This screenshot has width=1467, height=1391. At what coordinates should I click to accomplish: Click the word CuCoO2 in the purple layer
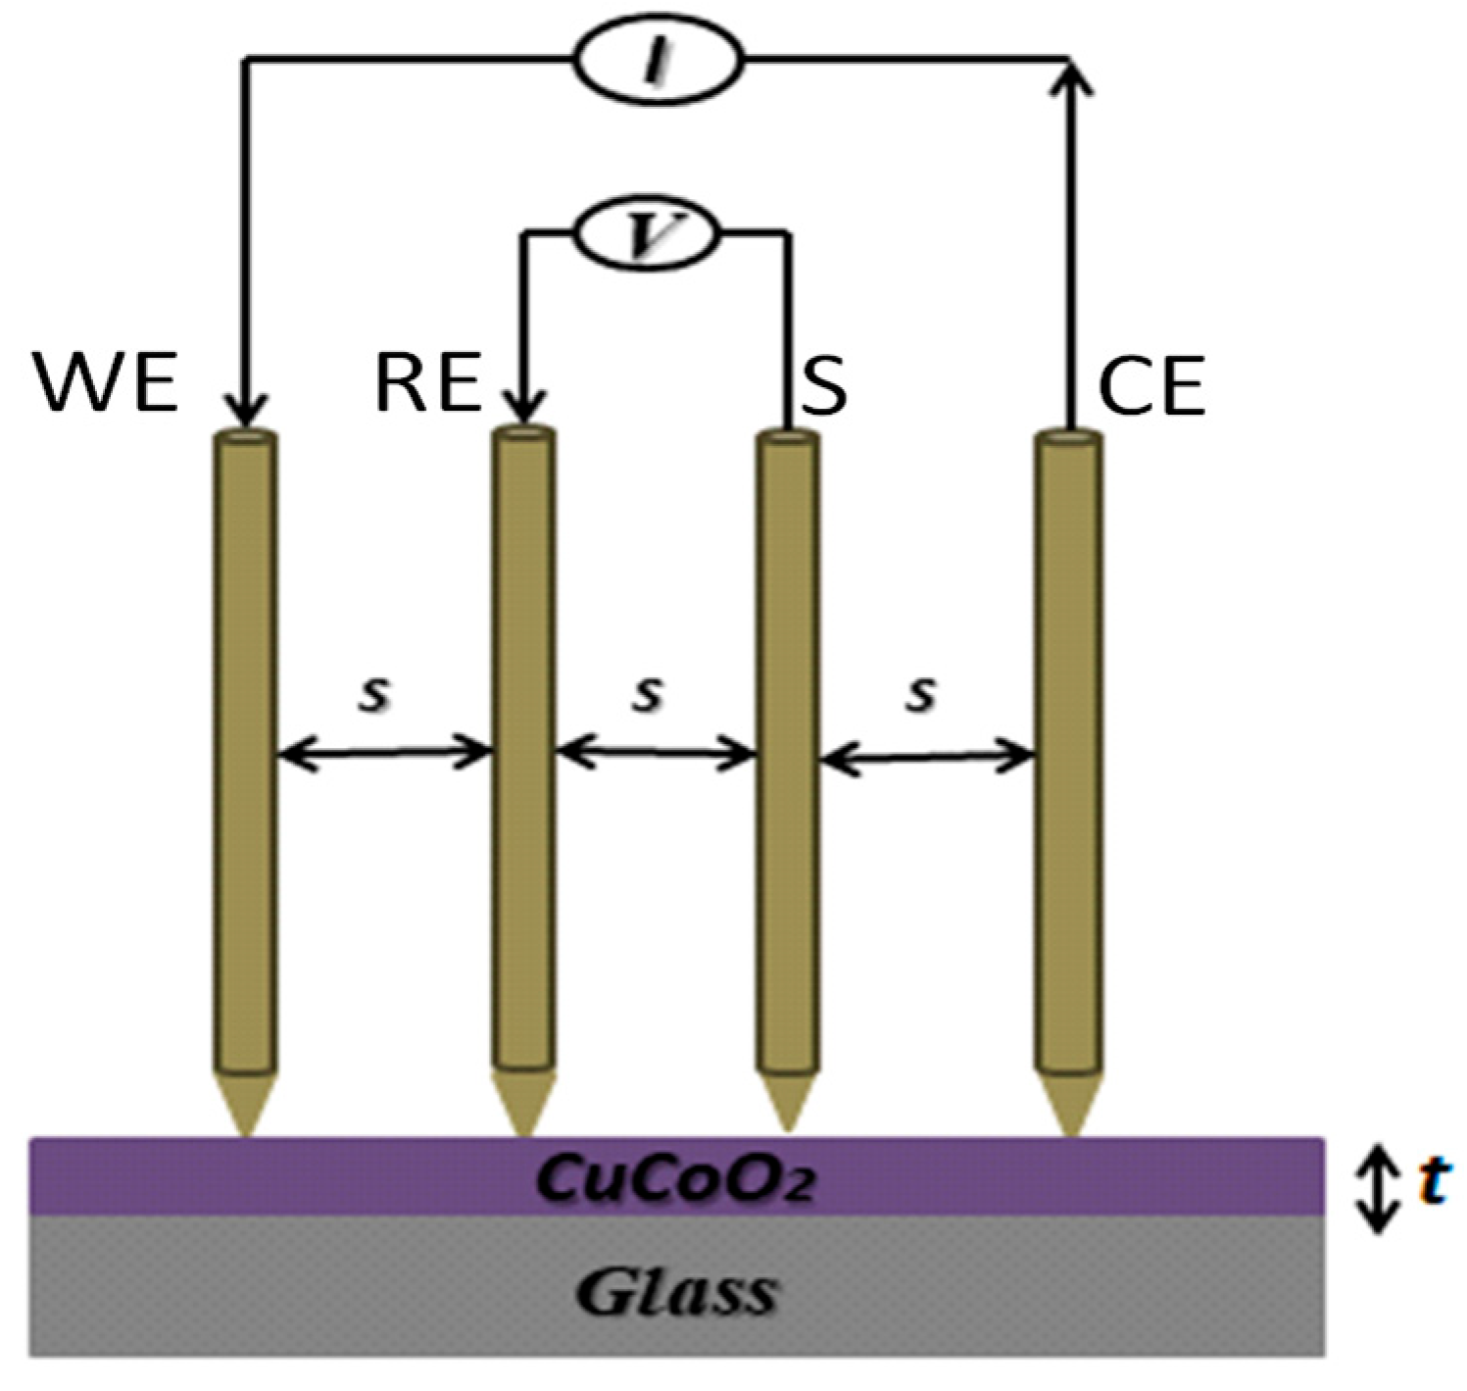[676, 1179]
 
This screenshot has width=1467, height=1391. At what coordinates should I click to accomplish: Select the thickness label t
[1433, 1181]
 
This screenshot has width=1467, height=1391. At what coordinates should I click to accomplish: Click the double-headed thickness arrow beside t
[1380, 1188]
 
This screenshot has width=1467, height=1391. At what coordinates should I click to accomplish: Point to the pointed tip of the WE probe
[245, 1108]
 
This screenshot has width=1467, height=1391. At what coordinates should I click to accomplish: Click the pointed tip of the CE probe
[1070, 1108]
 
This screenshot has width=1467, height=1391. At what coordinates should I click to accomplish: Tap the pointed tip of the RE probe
[523, 1108]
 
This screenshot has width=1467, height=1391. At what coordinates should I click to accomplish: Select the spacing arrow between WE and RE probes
[383, 754]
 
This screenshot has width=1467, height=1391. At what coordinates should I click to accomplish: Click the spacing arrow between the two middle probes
[656, 754]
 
